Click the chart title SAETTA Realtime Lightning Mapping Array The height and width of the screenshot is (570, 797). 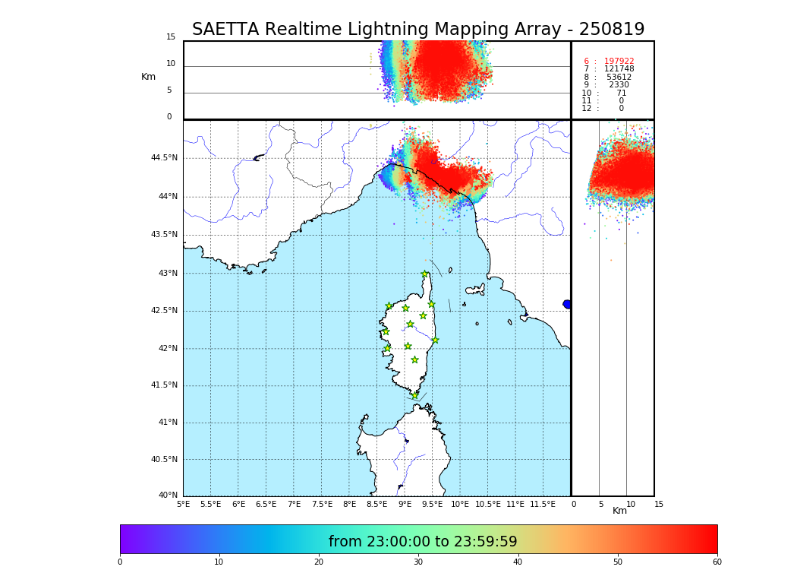coord(417,30)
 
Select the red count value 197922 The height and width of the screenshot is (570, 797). coord(619,62)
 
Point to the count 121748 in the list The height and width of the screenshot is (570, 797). coord(619,69)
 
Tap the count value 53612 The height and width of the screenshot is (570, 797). coord(619,78)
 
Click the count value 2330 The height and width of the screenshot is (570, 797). coord(619,85)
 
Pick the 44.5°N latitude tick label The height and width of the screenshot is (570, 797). coord(164,158)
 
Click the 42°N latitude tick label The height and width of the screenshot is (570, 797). coord(167,349)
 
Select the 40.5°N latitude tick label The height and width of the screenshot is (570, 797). coord(164,460)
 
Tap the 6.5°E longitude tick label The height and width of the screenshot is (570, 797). coord(266,504)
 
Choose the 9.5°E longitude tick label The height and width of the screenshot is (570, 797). coord(432,504)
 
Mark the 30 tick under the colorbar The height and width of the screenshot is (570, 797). coord(418,562)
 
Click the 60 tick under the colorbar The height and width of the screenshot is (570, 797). coord(717,562)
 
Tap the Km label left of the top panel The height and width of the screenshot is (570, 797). coord(148,77)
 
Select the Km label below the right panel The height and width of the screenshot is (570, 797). coord(619,511)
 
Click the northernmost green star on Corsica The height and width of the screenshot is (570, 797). coord(425,274)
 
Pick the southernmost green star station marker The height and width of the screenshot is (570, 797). coord(415,395)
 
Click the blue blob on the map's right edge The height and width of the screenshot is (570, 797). coord(567,304)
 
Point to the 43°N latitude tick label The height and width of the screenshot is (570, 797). coord(167,274)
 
